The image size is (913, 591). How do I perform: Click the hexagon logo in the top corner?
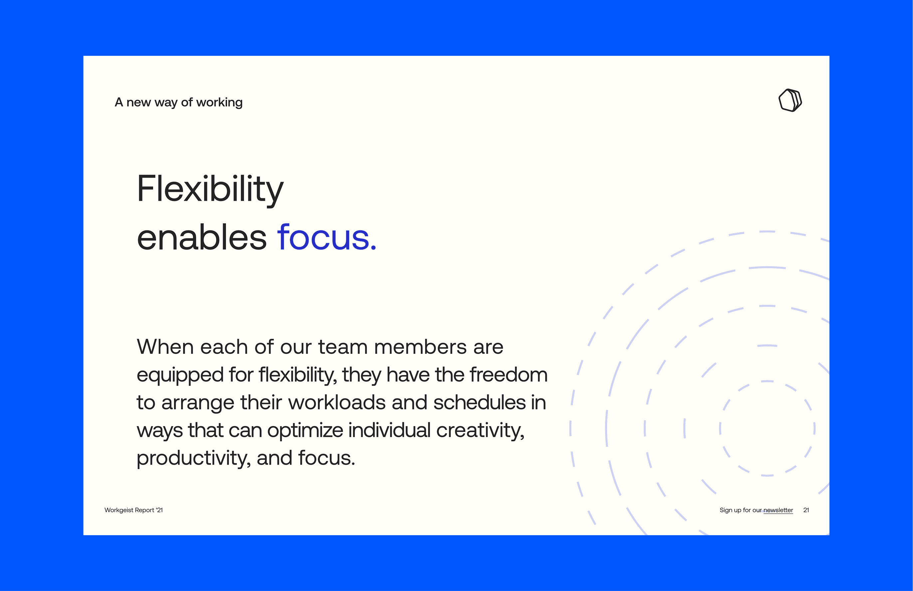[x=790, y=100]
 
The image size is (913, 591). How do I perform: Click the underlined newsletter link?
[x=778, y=510]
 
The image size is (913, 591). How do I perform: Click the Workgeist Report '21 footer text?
[x=133, y=510]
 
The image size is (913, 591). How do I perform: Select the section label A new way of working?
[x=179, y=102]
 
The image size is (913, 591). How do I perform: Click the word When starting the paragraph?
[x=165, y=347]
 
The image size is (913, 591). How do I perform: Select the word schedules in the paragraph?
[x=480, y=402]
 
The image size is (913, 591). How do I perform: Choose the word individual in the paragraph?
[x=389, y=430]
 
